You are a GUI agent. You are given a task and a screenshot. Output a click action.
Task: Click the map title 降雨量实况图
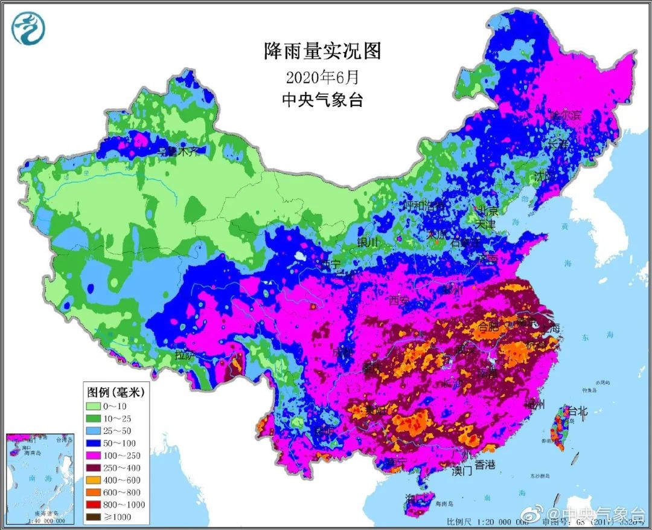point(322,51)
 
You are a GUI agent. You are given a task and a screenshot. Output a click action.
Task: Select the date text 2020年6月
point(322,77)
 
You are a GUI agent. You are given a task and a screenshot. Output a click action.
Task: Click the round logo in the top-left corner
point(28,28)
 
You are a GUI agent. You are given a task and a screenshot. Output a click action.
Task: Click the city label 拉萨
point(185,355)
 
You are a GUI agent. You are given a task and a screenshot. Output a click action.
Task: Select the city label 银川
point(367,243)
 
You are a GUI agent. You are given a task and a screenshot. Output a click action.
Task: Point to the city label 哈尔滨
point(564,115)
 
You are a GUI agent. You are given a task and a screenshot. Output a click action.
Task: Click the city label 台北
point(575,412)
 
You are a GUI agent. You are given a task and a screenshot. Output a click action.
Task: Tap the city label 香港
point(484,465)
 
